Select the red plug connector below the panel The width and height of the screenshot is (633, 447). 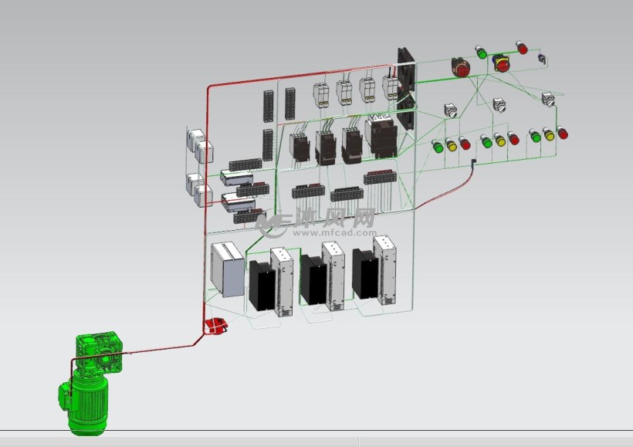pyautogui.click(x=215, y=326)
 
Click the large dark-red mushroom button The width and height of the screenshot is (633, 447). pyautogui.click(x=460, y=67)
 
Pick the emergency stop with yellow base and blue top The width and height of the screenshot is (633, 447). pyautogui.click(x=502, y=63)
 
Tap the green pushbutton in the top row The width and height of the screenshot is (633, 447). pyautogui.click(x=481, y=52)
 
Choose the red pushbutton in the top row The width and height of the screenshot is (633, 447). pyautogui.click(x=522, y=48)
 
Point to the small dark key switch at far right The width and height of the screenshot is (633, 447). pyautogui.click(x=542, y=59)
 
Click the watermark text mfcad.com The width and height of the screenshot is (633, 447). pyautogui.click(x=335, y=233)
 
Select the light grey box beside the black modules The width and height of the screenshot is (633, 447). pyautogui.click(x=227, y=269)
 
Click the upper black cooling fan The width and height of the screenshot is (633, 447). pyautogui.click(x=407, y=69)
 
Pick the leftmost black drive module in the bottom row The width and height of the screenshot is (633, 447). pyautogui.click(x=262, y=285)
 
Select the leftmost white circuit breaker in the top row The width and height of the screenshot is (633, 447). pyautogui.click(x=321, y=95)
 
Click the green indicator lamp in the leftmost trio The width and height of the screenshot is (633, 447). pyautogui.click(x=438, y=147)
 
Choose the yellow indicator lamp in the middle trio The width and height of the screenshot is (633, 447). pyautogui.click(x=499, y=140)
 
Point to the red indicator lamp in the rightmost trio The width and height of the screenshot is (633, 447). pyautogui.click(x=562, y=133)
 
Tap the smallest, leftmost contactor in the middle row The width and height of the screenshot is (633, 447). pyautogui.click(x=299, y=147)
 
